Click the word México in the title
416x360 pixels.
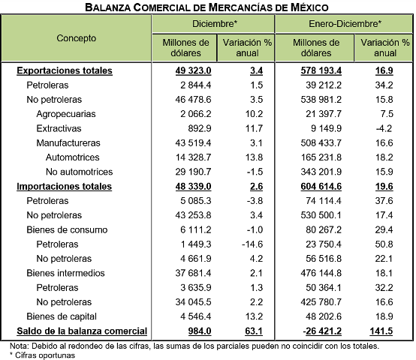coord(309,7)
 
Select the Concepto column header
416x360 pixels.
coord(77,38)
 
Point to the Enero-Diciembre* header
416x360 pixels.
coord(345,24)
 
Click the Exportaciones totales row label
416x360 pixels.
coord(65,70)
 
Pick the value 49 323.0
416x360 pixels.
coord(193,70)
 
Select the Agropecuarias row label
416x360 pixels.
coord(66,114)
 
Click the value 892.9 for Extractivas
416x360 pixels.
coord(200,128)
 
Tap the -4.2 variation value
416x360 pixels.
coord(384,128)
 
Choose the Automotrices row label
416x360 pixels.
coord(72,157)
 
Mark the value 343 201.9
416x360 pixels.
coord(321,172)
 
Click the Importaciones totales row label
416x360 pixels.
coord(65,187)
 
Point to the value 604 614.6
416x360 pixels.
coord(321,187)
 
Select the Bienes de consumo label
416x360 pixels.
coord(67,229)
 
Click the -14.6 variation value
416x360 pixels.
coord(252,244)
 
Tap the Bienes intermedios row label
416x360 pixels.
coord(65,273)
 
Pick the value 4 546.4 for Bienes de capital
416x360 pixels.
coord(196,316)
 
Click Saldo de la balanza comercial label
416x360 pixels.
coord(82,331)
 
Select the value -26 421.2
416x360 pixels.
coord(322,331)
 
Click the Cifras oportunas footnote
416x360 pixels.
coord(43,355)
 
